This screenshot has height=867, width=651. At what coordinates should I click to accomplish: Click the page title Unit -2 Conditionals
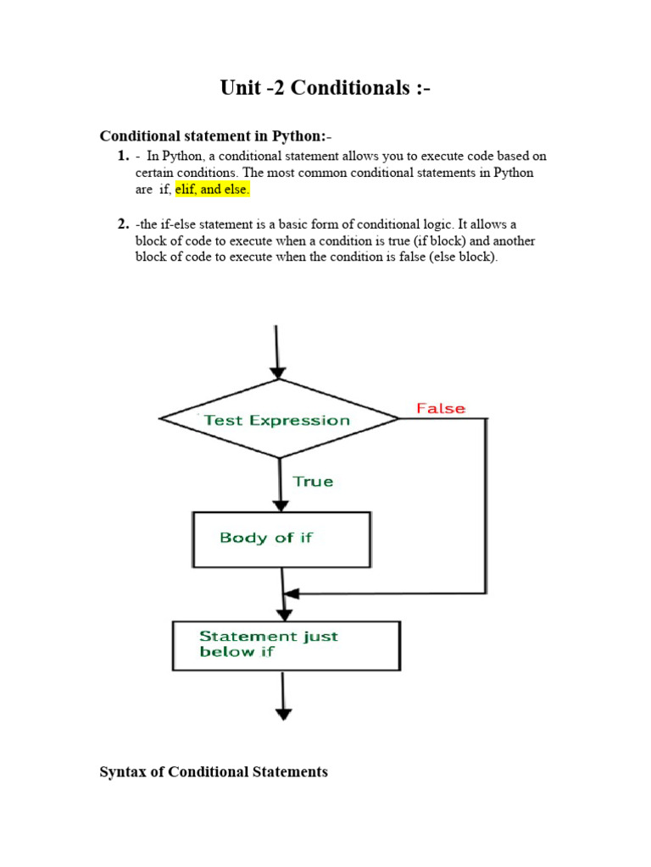325,87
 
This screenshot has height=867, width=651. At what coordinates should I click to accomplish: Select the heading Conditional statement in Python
217,136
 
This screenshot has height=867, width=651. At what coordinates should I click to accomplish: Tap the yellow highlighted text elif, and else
213,190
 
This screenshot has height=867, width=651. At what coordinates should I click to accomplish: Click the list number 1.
121,157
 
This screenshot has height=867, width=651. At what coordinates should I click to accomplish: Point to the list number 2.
121,224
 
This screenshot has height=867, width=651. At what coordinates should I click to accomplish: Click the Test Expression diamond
278,419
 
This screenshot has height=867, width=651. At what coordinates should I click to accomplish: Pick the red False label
440,408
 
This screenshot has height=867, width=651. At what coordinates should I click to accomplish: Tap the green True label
313,481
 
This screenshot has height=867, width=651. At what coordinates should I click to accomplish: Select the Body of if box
281,538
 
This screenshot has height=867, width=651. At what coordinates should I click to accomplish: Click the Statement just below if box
286,645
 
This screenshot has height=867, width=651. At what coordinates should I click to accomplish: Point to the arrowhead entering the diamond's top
278,373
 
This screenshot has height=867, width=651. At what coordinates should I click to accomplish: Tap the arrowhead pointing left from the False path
290,593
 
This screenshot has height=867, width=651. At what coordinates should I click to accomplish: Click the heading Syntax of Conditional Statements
214,772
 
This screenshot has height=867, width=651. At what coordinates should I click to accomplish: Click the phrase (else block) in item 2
463,257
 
